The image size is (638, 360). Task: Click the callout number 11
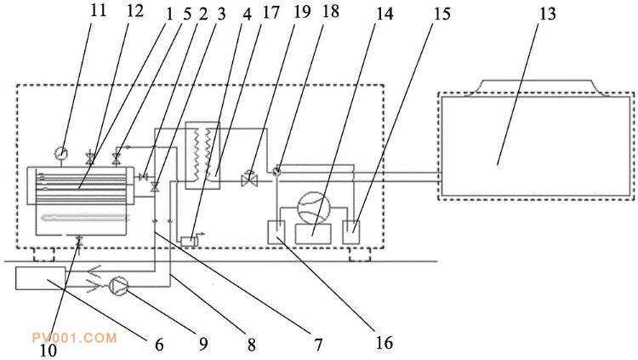pos(98,10)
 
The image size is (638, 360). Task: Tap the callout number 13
pos(547,14)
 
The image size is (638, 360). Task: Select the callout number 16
pos(385,342)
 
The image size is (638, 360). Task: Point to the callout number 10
pos(48,351)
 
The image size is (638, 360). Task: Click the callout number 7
pos(318,345)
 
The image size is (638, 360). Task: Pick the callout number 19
pos(302,12)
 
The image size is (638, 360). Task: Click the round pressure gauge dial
pos(61,153)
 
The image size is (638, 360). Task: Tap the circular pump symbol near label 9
pos(119,285)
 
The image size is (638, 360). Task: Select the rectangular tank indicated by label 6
pos(40,278)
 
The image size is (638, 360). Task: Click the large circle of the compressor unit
pos(313,209)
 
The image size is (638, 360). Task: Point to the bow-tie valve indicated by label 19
pos(249,180)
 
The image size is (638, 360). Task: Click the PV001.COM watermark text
pos(75,338)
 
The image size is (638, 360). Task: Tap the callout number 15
pos(442,14)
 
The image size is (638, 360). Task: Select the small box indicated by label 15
pos(351,231)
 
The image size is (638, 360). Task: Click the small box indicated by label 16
pos(276,231)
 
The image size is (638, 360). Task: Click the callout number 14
pos(385,14)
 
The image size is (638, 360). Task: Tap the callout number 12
pos(135,10)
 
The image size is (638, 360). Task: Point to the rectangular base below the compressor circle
pos(313,234)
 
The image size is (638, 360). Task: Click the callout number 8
pos(252,345)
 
